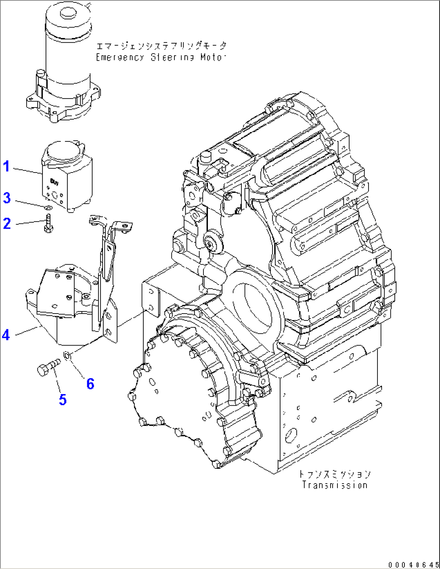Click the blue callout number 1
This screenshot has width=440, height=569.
pos(6,166)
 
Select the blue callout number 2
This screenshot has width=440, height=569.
pos(6,223)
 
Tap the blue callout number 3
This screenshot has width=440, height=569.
pos(6,198)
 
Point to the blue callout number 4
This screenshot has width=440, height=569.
pos(6,335)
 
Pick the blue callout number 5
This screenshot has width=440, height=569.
pos(63,400)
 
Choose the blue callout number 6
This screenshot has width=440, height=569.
pos(90,384)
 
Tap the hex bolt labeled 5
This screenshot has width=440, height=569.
pos(48,368)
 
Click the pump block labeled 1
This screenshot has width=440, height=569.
pos(67,178)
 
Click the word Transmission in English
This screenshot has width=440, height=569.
pos(335,485)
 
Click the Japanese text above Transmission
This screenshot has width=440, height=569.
pos(335,474)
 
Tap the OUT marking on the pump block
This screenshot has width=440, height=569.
pos(54,182)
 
